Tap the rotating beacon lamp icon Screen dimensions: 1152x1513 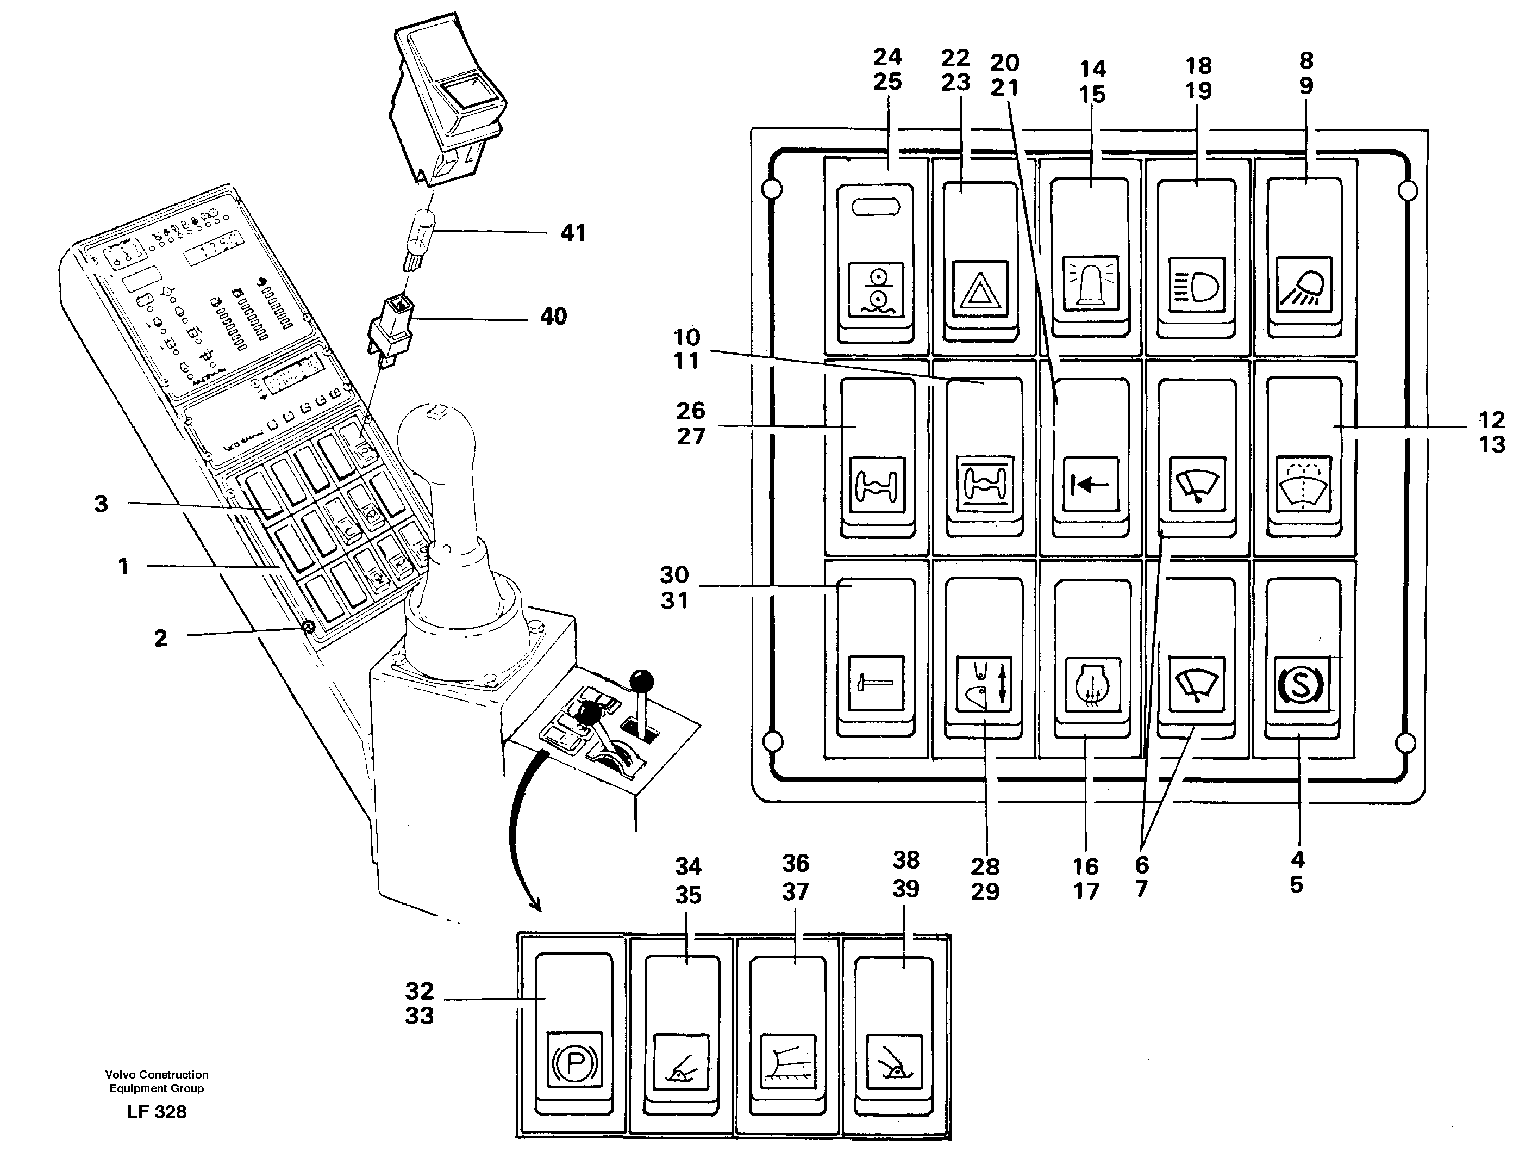coord(1090,284)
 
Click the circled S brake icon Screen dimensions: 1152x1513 coord(1301,684)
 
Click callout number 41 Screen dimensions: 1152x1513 coord(573,233)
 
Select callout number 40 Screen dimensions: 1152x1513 coord(553,317)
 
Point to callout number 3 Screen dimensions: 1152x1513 coord(102,504)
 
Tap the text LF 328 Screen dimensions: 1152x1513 coord(157,1112)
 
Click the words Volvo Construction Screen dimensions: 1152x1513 coord(157,1075)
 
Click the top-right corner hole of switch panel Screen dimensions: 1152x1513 coord(1408,190)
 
